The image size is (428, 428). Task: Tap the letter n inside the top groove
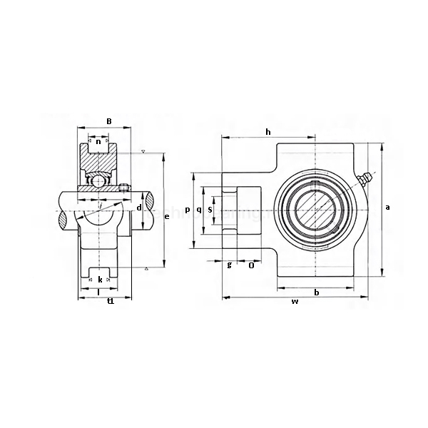[98, 142]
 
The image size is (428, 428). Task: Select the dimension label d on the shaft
[139, 208]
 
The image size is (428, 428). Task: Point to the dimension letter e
[167, 216]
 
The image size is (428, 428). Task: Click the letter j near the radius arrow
[101, 206]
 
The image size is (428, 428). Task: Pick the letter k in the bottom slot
[100, 279]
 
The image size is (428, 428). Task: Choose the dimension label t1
[110, 302]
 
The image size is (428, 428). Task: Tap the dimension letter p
[187, 210]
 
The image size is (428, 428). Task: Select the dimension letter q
[198, 210]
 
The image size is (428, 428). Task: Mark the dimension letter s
[210, 210]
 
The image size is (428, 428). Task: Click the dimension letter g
[229, 265]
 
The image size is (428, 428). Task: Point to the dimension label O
[252, 265]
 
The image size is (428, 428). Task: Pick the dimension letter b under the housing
[316, 292]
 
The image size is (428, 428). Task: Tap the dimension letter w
[294, 302]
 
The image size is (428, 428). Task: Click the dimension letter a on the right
[387, 207]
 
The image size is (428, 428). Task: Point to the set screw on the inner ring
[126, 188]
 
